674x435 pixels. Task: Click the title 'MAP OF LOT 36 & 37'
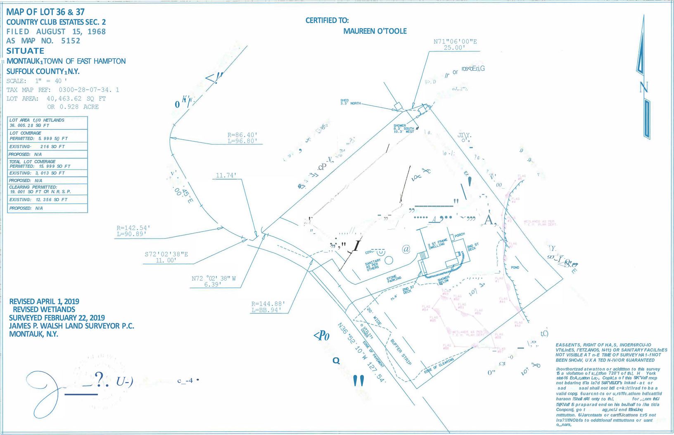(x=45, y=12)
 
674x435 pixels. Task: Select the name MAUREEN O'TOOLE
(x=375, y=31)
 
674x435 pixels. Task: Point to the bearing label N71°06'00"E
(x=455, y=41)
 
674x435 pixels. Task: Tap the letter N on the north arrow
(x=643, y=87)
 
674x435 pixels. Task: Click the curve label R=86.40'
(x=242, y=135)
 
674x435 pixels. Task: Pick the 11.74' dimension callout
(x=226, y=176)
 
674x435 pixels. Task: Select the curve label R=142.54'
(x=133, y=228)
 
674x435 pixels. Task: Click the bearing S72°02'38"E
(x=166, y=254)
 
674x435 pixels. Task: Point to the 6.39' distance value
(x=213, y=285)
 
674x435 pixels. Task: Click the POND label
(x=515, y=268)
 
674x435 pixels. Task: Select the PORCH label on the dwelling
(x=459, y=235)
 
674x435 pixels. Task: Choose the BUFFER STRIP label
(x=401, y=351)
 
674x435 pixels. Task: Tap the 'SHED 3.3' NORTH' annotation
(x=350, y=102)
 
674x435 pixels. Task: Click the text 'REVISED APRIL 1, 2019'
(x=44, y=302)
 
